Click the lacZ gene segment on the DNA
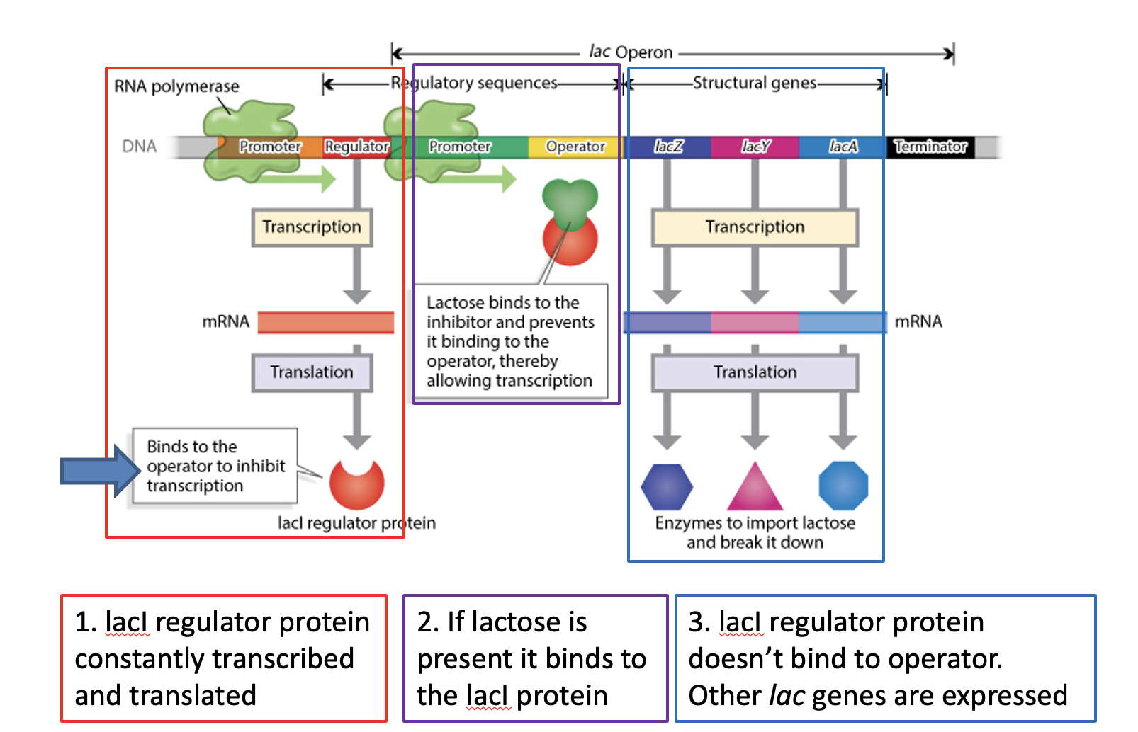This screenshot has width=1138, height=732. pos(668,147)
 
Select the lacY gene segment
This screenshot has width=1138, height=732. pos(755,147)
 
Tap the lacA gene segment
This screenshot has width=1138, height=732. pos(843,147)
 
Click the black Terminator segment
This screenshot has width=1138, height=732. pos(930,147)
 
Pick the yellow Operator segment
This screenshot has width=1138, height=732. pos(575,147)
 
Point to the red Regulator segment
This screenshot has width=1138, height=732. pos(356,147)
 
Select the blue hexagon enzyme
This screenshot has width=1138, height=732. pos(667,487)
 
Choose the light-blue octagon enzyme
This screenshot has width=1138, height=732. pos(843,486)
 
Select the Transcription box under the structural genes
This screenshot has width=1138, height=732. pos(755,227)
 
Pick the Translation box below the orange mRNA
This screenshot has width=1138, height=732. pos(312,372)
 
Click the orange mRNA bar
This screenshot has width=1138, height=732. pos(326,322)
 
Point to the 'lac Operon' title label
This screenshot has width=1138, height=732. pos(631,52)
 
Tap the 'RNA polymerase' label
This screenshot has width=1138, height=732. pos(176,86)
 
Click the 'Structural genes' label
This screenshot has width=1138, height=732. pos(755,84)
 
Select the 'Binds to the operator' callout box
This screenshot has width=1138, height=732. pos(215,467)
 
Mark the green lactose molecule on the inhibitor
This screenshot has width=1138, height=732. pos(570,200)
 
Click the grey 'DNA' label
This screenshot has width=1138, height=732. pos(139,147)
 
